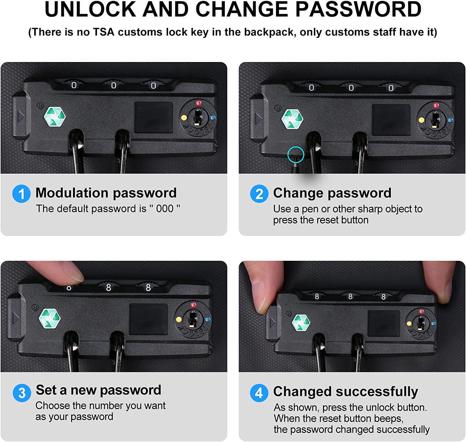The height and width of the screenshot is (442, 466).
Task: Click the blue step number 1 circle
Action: [x=21, y=194]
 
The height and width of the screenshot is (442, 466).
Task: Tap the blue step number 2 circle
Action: [x=259, y=194]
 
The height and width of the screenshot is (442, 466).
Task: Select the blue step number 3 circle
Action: [x=22, y=393]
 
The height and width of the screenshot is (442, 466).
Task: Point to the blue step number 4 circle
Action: [x=259, y=393]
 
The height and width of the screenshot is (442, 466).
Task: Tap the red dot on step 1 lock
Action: [x=199, y=103]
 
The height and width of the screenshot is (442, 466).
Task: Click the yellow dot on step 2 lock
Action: [x=421, y=120]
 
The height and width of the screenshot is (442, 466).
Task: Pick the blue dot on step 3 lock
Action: [x=208, y=319]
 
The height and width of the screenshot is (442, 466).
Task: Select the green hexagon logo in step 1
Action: [x=55, y=117]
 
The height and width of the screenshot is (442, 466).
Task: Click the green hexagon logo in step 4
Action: [x=301, y=323]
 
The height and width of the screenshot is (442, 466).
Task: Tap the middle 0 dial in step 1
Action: [x=113, y=86]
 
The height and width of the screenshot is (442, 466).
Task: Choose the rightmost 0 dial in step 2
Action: [x=391, y=88]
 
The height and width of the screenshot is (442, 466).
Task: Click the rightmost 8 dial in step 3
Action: [x=148, y=288]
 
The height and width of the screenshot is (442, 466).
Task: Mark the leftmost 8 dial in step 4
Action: [x=317, y=297]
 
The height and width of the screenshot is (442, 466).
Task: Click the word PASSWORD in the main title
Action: [x=358, y=9]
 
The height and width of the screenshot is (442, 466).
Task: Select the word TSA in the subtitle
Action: [x=103, y=32]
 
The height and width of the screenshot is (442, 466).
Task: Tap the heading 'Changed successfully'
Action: [x=345, y=392]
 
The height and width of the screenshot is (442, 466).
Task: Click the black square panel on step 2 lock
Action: [x=391, y=120]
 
